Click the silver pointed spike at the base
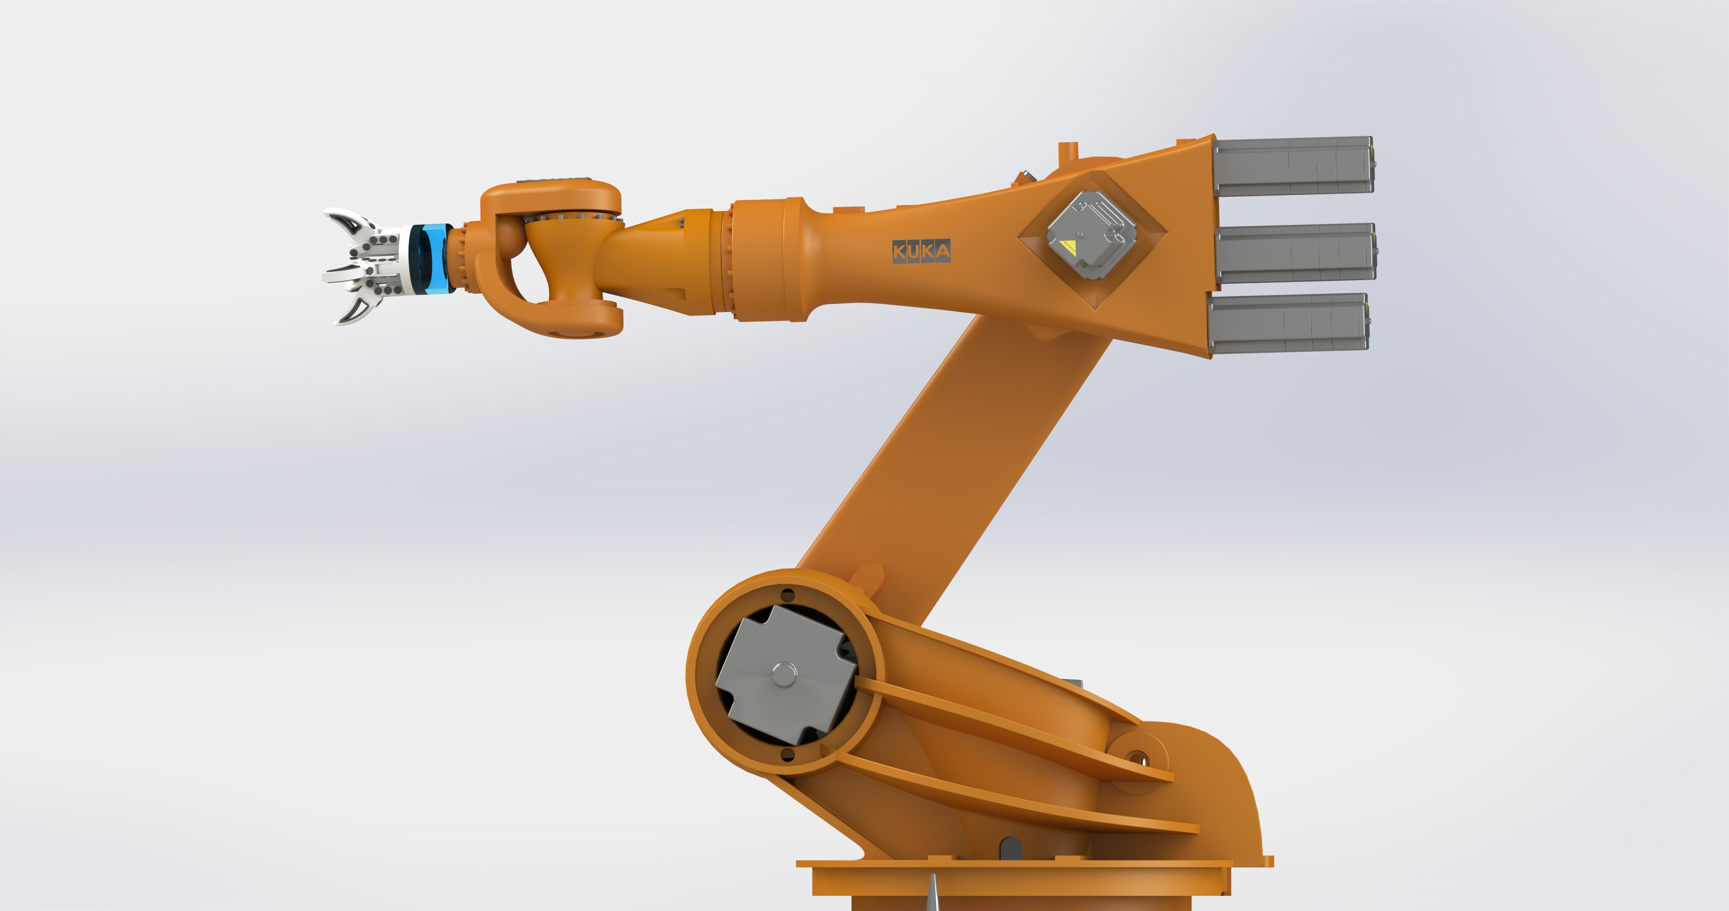point(933,892)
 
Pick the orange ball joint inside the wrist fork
point(510,238)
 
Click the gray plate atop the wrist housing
point(550,181)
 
